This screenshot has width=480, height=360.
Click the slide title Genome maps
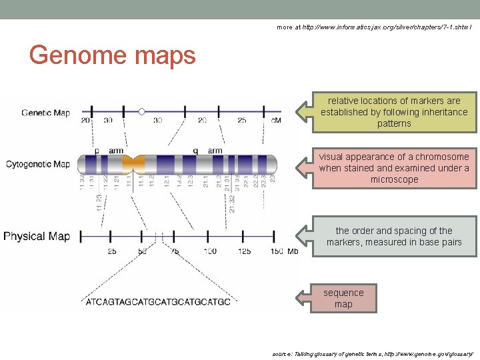[x=113, y=55]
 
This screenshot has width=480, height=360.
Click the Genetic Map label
[x=45, y=113]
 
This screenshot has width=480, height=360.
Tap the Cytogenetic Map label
[x=39, y=164]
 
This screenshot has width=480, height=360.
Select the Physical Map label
[x=37, y=236]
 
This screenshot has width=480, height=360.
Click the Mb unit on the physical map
[x=293, y=251]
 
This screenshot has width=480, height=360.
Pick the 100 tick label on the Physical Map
[x=209, y=251]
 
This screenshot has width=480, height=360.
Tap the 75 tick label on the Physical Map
[x=175, y=251]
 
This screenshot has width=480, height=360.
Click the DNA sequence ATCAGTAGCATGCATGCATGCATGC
[x=158, y=302]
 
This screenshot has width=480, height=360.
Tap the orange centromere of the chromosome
[x=135, y=163]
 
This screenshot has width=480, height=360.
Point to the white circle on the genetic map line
[x=141, y=111]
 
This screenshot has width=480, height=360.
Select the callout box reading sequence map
[x=343, y=299]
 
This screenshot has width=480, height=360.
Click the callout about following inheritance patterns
[x=393, y=112]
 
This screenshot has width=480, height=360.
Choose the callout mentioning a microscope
[x=393, y=168]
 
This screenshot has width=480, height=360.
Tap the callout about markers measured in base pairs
[x=393, y=237]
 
